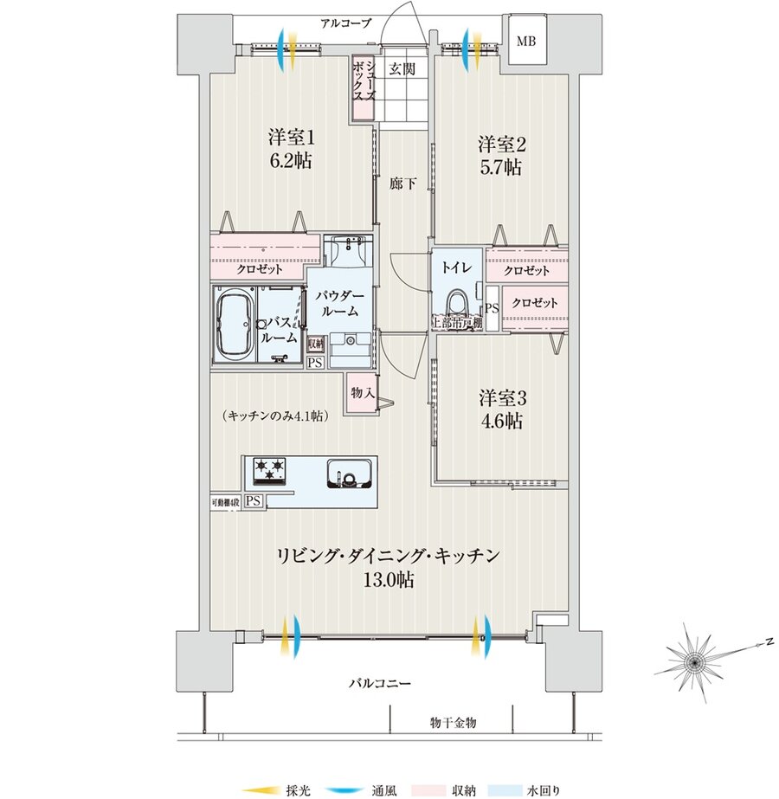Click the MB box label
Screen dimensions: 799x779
click(x=526, y=41)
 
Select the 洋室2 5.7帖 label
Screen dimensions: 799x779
click(x=499, y=157)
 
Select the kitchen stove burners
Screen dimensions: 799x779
click(x=269, y=470)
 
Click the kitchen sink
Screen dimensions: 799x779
click(x=349, y=475)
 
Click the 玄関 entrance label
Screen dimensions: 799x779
click(x=399, y=68)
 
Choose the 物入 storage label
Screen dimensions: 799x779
click(x=363, y=393)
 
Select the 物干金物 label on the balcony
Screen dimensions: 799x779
click(x=453, y=722)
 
